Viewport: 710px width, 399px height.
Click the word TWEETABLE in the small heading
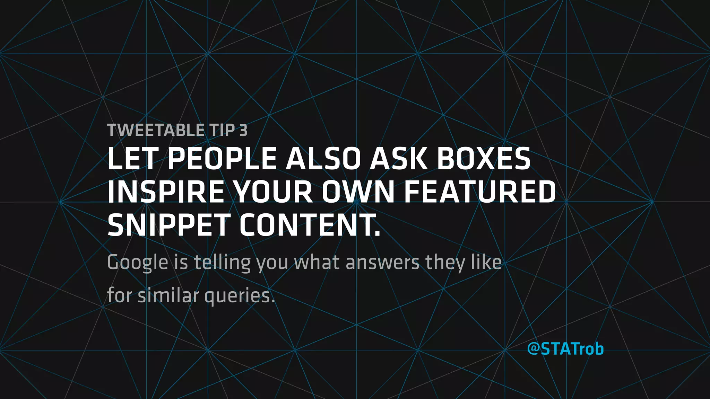156,130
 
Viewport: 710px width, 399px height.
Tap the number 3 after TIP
243,130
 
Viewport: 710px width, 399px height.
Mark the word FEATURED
480,192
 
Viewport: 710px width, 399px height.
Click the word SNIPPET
168,225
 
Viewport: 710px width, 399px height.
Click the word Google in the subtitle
138,263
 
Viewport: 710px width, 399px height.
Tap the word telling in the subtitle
222,263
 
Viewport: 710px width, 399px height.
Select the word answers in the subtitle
382,263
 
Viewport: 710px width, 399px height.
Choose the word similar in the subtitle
168,296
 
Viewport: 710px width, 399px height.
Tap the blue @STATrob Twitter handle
565,349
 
